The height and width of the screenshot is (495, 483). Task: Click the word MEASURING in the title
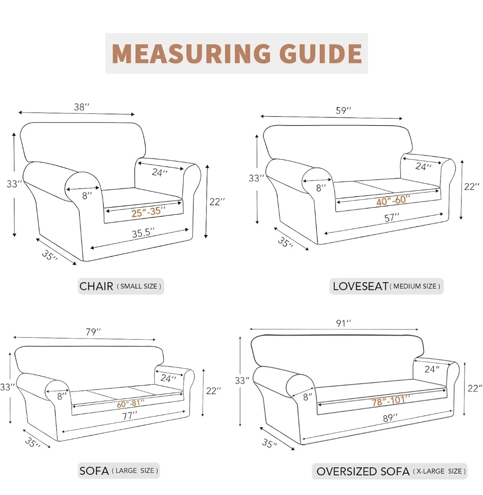(191, 53)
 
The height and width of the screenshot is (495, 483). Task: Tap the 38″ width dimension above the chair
(81, 107)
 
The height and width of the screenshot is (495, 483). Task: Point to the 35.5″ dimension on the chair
(143, 233)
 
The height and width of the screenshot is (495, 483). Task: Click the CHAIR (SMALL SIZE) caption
(120, 286)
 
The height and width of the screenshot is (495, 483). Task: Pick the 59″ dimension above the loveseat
(343, 111)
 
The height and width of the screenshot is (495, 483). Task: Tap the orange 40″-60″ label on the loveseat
(393, 200)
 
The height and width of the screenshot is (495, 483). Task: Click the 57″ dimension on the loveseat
(392, 217)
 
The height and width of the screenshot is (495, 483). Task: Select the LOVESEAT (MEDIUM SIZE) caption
(386, 286)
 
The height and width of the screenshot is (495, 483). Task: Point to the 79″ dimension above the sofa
(93, 332)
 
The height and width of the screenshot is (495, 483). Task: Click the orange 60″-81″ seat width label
(130, 403)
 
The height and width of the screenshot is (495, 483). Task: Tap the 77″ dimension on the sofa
(130, 416)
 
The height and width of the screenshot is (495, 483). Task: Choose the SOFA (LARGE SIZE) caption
(119, 471)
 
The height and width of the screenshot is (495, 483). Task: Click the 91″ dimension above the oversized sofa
(343, 323)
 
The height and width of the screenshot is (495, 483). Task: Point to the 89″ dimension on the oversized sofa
(390, 418)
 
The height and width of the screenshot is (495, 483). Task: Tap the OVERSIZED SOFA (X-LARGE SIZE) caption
(391, 471)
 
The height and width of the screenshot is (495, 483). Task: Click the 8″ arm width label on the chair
(87, 196)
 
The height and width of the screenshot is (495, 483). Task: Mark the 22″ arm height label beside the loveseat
(472, 187)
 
